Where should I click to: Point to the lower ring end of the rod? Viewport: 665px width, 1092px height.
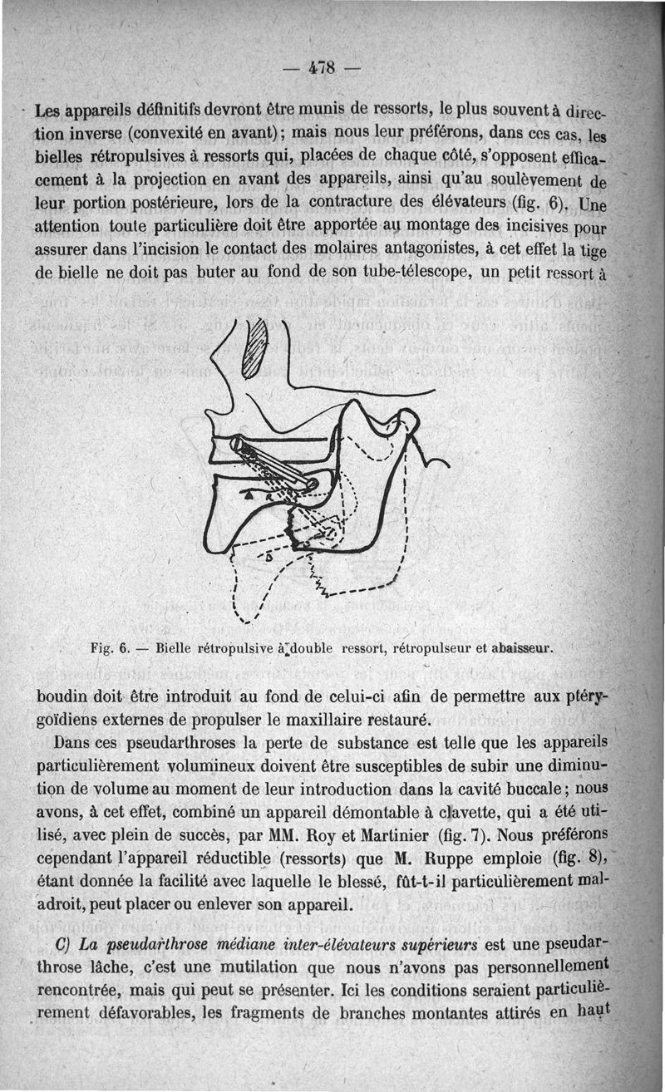click(311, 483)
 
